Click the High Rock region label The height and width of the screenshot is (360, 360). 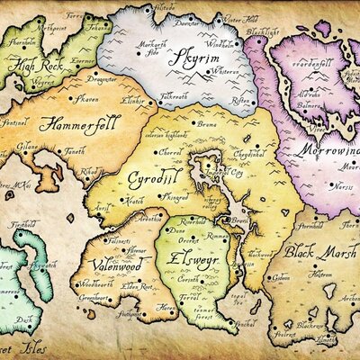point(35,66)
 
